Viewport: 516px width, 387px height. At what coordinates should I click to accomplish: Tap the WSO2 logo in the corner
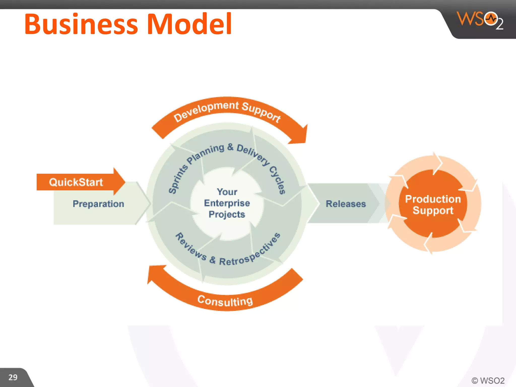[x=480, y=20]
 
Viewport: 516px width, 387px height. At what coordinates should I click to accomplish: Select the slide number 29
[x=13, y=377]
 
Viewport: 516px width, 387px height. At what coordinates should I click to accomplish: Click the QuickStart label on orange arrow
[x=76, y=182]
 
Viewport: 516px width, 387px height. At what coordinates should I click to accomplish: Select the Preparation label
[x=98, y=204]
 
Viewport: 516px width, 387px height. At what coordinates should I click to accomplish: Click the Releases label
[x=346, y=204]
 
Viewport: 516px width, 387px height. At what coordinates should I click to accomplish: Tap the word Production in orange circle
[x=433, y=199]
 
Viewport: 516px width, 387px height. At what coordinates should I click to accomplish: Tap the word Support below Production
[x=433, y=211]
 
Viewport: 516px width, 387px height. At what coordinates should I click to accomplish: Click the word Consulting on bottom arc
[x=225, y=301]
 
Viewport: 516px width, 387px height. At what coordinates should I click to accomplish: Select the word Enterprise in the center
[x=227, y=203]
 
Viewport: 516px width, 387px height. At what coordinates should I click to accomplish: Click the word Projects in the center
[x=227, y=214]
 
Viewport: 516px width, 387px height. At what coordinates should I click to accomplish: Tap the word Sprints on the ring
[x=178, y=179]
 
